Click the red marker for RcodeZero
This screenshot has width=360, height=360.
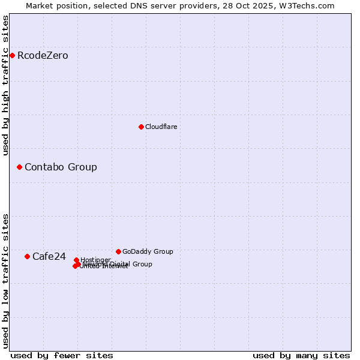pos(12,56)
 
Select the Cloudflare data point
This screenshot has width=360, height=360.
pos(141,127)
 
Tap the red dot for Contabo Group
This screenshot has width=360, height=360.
pos(19,167)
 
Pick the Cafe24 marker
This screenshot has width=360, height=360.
pos(27,256)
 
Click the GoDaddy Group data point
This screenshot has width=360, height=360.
pos(118,251)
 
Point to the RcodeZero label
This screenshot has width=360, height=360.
pos(43,56)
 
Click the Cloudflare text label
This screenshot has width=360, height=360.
pos(161,127)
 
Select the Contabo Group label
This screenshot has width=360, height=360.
pos(61,167)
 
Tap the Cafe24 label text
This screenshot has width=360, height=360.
pos(49,256)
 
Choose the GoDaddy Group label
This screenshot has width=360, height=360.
pos(148,251)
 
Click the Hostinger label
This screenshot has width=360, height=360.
pos(95,260)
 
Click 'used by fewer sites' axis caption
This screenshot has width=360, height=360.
pos(62,355)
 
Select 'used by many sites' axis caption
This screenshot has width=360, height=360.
pos(301,355)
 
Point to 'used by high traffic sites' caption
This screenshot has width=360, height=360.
pos(5,85)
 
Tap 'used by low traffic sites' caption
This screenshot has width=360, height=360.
pos(5,280)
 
